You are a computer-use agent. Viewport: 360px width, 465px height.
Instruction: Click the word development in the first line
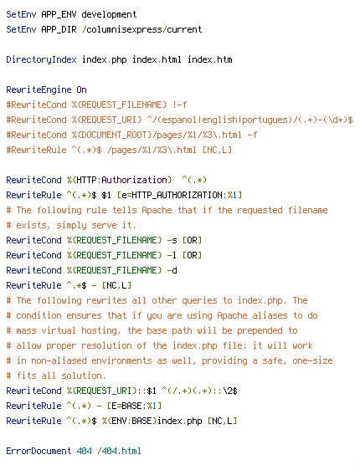(109, 14)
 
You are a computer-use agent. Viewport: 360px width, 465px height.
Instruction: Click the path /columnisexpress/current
(141, 29)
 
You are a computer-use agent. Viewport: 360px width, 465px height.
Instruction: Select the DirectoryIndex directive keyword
(41, 60)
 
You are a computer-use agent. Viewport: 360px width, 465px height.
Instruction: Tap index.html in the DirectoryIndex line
(157, 59)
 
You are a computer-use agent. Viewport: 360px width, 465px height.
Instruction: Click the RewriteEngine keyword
(39, 89)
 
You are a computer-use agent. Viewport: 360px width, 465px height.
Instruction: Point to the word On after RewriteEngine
(81, 89)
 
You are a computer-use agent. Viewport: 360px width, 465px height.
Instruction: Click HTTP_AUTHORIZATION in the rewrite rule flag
(177, 195)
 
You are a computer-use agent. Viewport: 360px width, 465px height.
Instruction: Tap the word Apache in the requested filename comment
(157, 210)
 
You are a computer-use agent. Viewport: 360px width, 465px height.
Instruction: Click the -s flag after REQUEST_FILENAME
(172, 240)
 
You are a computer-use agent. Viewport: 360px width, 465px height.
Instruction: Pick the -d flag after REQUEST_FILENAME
(172, 270)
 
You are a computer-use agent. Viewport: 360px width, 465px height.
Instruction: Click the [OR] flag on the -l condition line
(192, 255)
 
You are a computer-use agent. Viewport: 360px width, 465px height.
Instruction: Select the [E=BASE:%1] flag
(134, 406)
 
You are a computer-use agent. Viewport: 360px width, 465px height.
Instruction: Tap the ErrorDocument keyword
(39, 451)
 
